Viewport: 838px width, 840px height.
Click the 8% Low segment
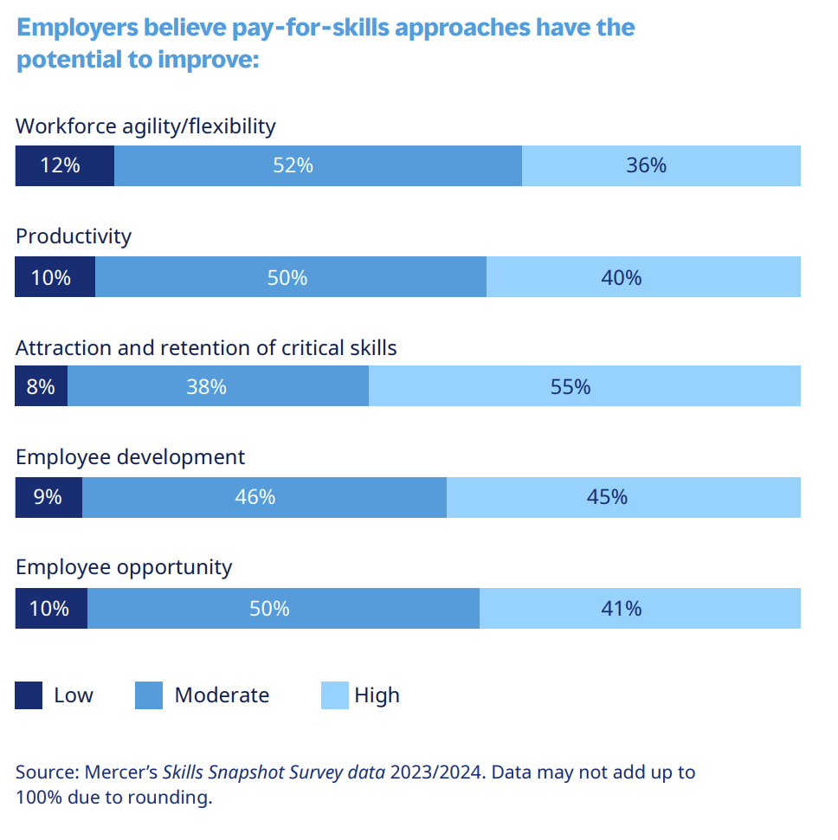click(42, 386)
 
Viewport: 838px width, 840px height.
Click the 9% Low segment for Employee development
click(48, 497)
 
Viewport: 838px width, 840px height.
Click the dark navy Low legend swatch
click(29, 695)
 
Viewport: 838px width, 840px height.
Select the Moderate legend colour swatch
click(149, 695)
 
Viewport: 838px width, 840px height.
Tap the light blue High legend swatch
click(334, 695)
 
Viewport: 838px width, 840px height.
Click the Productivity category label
click(74, 236)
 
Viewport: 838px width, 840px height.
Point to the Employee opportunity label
click(124, 567)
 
